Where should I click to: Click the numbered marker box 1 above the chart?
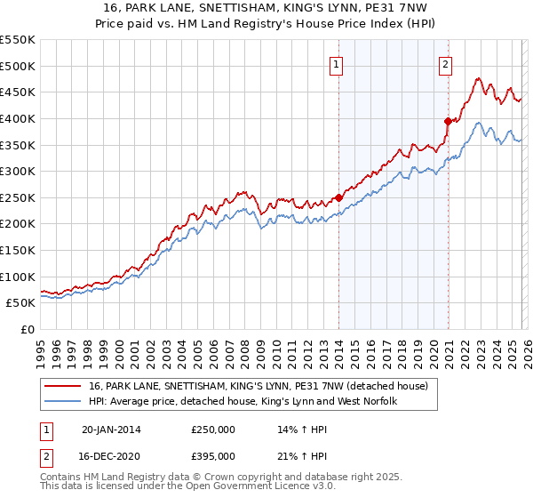point(338,63)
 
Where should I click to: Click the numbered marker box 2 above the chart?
point(444,63)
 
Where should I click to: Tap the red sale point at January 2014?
point(338,197)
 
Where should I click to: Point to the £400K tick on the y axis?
point(19,118)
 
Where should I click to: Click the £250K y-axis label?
point(19,197)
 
